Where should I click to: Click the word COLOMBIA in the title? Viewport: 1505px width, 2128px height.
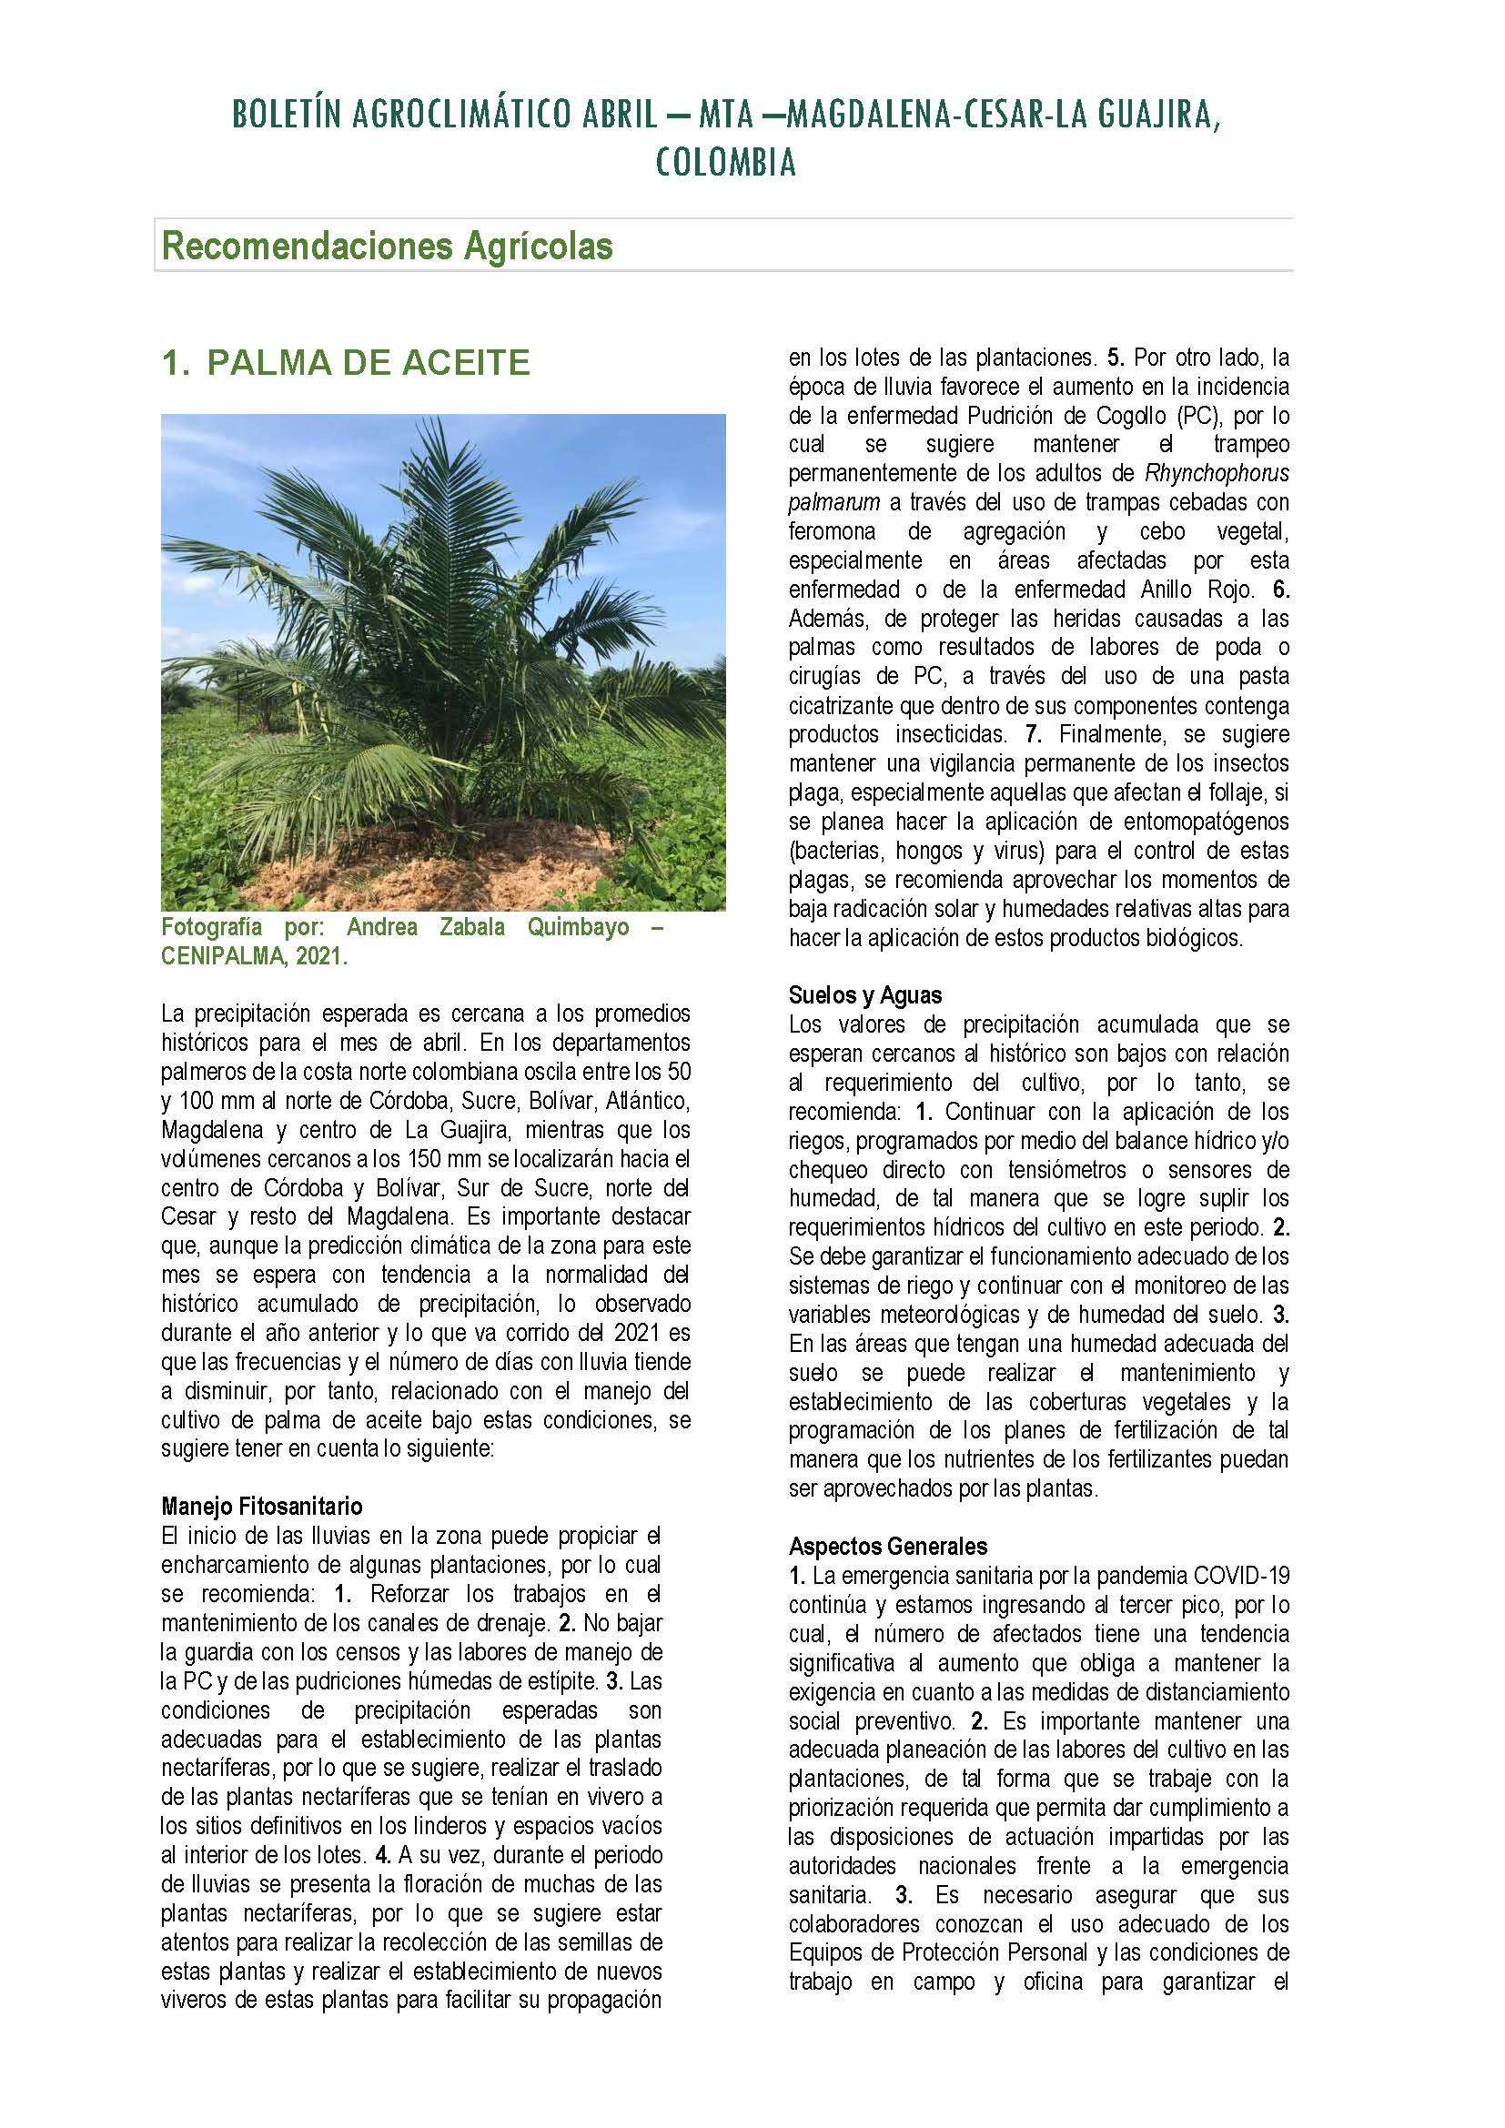pyautogui.click(x=725, y=164)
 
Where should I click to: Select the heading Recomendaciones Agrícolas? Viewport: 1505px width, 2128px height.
pyautogui.click(x=388, y=247)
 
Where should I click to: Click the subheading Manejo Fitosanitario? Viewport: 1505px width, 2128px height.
pyautogui.click(x=262, y=1505)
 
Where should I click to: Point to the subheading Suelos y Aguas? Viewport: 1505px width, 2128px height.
pyautogui.click(x=865, y=995)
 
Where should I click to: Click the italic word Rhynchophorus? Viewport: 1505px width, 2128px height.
pyautogui.click(x=1217, y=474)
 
